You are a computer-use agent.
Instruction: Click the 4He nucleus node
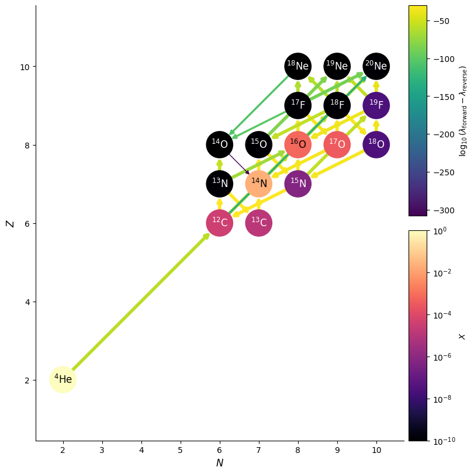tap(63, 380)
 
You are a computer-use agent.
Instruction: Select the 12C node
tap(220, 223)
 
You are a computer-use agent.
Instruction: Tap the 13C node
tap(259, 223)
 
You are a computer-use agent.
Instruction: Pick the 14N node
tap(259, 184)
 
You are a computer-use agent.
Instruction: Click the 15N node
tap(298, 184)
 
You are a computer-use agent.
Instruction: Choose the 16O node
tap(298, 145)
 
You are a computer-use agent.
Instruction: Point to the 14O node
tap(220, 145)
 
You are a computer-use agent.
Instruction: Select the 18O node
tap(376, 145)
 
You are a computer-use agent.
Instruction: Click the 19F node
tap(376, 106)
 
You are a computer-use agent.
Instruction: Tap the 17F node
tap(298, 106)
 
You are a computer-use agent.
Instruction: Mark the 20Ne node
tap(376, 66)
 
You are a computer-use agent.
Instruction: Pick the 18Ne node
tap(298, 66)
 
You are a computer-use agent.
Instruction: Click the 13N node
tap(220, 184)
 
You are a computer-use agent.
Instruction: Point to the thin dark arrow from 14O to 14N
tap(239, 164)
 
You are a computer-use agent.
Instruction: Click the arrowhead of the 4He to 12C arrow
tap(206, 236)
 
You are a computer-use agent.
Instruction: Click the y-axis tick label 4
tap(27, 302)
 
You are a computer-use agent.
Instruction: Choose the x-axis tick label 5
tap(181, 451)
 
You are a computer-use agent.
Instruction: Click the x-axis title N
tap(220, 463)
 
